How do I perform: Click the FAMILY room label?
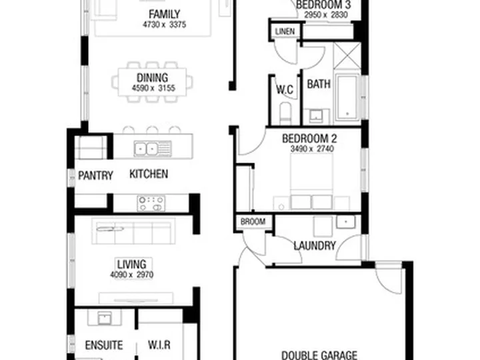point(165,15)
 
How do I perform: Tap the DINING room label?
point(152,78)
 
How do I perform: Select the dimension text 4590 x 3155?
point(153,88)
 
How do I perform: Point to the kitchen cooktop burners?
point(151,203)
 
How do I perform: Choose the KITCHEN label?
point(149,174)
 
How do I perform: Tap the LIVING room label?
point(131,264)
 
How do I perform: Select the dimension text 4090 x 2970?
point(131,275)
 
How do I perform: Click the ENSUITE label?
point(104,345)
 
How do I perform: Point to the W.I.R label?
point(159,345)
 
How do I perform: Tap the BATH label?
point(319,84)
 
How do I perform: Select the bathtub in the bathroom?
point(347,97)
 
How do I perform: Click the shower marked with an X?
point(347,55)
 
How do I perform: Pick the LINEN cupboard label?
point(285,31)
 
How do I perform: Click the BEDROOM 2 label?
point(309,139)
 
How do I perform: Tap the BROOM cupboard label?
point(253,221)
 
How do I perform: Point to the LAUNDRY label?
point(315,245)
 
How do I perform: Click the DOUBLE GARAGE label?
point(319,355)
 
